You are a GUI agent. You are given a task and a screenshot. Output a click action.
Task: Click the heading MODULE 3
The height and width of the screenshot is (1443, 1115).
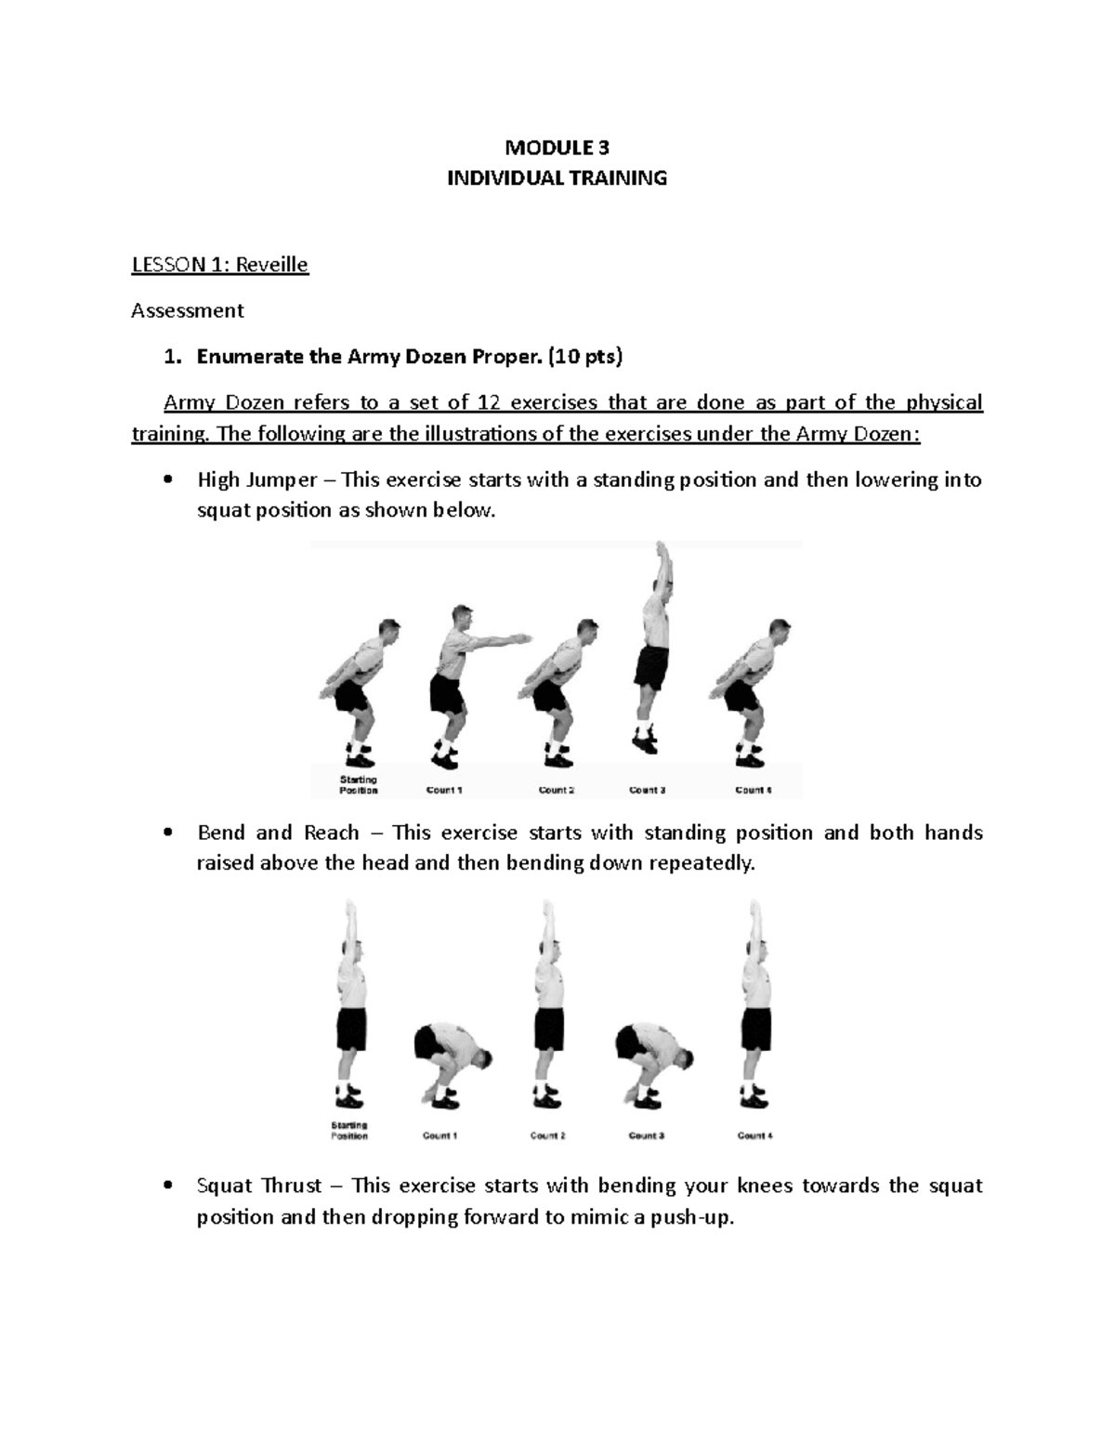click(557, 147)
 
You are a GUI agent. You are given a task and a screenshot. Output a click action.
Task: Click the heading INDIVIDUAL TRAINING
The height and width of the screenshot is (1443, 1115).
click(557, 177)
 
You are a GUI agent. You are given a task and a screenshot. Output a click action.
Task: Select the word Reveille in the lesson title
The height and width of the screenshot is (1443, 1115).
click(271, 265)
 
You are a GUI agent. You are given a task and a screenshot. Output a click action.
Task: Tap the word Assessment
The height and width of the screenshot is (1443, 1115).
click(187, 310)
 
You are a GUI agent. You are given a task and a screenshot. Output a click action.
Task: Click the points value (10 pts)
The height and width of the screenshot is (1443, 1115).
click(586, 356)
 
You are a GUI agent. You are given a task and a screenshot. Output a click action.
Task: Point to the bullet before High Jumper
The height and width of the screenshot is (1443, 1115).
click(167, 480)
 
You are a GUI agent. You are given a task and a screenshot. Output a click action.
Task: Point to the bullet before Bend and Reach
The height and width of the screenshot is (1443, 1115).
click(167, 833)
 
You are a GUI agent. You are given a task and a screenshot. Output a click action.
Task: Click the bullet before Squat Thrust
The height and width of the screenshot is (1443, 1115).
click(167, 1187)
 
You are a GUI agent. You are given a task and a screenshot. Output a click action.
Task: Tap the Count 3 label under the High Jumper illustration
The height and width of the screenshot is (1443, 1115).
click(647, 791)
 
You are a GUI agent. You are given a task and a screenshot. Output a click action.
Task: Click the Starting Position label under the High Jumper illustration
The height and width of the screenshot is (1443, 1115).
click(358, 786)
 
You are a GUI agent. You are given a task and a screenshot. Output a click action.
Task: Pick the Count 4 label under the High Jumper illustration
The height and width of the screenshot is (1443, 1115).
click(754, 791)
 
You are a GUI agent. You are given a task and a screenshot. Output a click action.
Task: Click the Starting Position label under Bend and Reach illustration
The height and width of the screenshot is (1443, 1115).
click(350, 1131)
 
